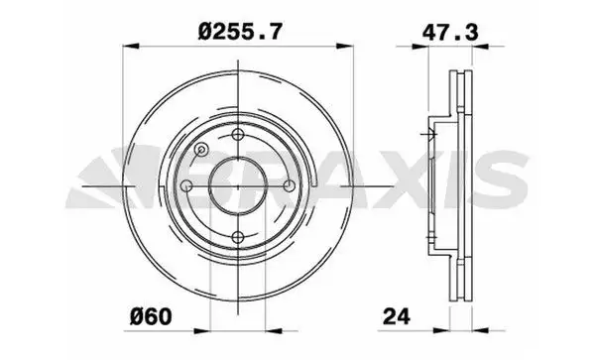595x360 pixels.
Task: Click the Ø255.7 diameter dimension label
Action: pyautogui.click(x=240, y=31)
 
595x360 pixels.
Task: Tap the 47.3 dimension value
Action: pyautogui.click(x=450, y=32)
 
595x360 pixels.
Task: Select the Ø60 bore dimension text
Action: pyautogui.click(x=151, y=316)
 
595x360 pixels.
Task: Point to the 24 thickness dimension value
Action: pyautogui.click(x=397, y=316)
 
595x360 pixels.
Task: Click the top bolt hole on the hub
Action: pyautogui.click(x=238, y=134)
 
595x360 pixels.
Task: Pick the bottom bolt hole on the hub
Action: pyautogui.click(x=238, y=238)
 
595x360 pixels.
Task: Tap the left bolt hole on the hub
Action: pyautogui.click(x=186, y=185)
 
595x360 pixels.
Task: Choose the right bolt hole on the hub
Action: pyautogui.click(x=290, y=185)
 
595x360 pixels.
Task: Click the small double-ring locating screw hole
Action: pyautogui.click(x=201, y=150)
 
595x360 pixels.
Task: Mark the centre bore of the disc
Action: pyautogui.click(x=238, y=186)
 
